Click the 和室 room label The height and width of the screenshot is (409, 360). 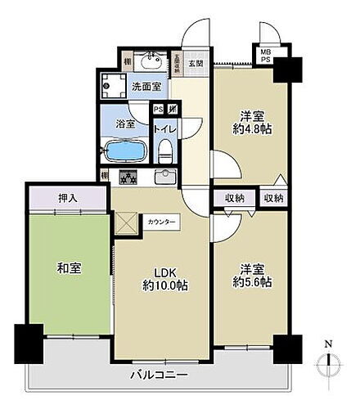(x=69, y=268)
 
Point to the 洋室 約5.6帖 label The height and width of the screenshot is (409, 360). (x=250, y=275)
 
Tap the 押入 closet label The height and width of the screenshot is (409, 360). (x=68, y=197)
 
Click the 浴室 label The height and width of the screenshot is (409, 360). (x=125, y=125)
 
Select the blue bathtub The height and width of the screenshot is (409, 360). (x=125, y=151)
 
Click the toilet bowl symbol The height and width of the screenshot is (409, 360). (x=166, y=149)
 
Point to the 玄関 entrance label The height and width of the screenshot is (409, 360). (x=196, y=63)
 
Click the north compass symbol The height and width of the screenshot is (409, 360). (x=327, y=360)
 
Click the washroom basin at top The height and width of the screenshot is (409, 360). (x=150, y=61)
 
